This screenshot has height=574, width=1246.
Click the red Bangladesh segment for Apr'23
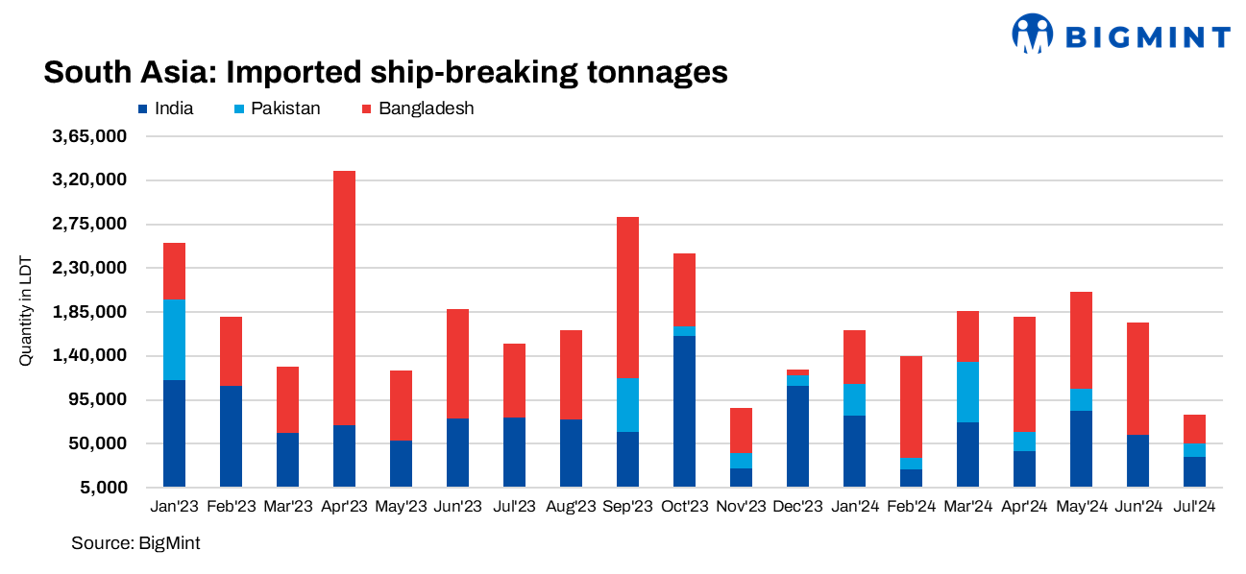point(344,298)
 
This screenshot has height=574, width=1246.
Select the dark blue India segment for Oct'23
point(684,411)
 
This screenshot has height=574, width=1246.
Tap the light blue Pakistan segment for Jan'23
point(174,340)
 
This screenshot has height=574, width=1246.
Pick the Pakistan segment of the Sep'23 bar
point(627,404)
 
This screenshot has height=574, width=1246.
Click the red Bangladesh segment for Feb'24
point(911,407)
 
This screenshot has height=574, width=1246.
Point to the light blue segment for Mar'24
point(967,392)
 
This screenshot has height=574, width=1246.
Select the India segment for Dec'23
point(797,436)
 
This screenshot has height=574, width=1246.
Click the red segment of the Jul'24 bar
point(1194,428)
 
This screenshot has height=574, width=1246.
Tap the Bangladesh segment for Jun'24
point(1137,378)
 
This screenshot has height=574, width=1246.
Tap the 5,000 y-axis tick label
point(104,488)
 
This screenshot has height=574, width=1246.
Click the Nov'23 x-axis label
point(741,506)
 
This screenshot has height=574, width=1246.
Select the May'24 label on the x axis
point(1081,506)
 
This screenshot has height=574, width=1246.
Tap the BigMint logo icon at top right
point(1033,35)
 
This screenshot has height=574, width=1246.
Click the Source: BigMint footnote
point(135,543)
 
